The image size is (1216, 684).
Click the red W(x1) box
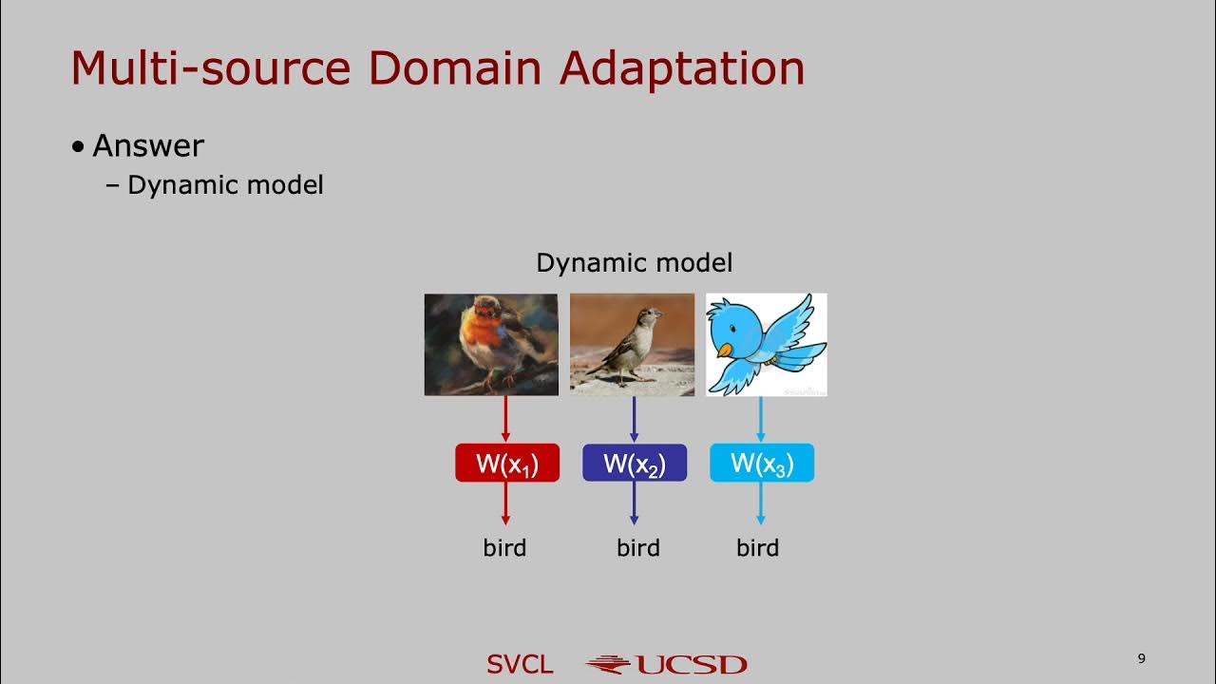pos(507,463)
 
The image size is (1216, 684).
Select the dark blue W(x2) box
pos(635,463)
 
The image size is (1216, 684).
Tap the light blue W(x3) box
pos(762,463)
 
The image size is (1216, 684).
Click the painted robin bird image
pos(491,344)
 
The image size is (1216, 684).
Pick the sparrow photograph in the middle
pos(632,344)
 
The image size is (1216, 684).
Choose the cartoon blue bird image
pos(767,344)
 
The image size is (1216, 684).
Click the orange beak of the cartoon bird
pos(725,351)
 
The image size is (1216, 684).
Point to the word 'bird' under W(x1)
pos(504,548)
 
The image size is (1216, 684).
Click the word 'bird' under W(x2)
pos(637,548)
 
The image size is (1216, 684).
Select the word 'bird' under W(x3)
pos(757,548)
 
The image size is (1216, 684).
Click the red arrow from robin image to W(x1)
pos(505,419)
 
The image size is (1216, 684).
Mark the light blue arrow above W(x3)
pos(761,419)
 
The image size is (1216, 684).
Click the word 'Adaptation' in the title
pos(682,68)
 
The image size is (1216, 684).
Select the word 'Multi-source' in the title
pos(213,68)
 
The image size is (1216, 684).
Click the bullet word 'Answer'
pos(148,145)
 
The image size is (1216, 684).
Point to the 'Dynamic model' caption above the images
pos(635,262)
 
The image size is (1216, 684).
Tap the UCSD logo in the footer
pos(667,664)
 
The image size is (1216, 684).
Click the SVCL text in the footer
pos(520,664)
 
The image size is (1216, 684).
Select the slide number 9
pos(1141,658)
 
